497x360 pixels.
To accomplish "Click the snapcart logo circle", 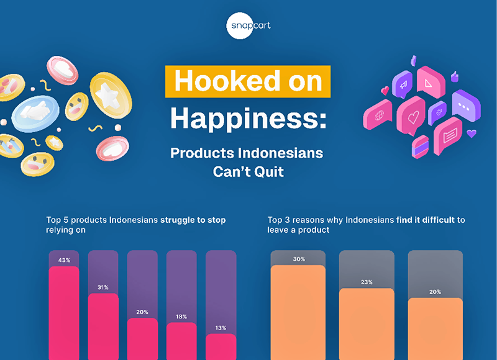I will coord(248,25).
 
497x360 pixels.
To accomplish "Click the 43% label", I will coord(63,259).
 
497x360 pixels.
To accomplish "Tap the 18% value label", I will coord(181,316).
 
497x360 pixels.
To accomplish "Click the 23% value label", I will coord(367,282).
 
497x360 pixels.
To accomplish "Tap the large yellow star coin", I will coord(111,94).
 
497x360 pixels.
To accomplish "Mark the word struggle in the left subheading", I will coord(181,220).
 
